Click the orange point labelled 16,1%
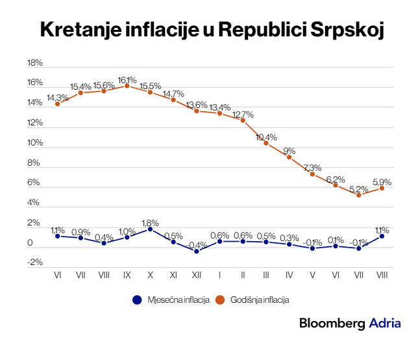[x=127, y=86]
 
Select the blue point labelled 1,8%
[x=150, y=229]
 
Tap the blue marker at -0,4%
[x=197, y=251]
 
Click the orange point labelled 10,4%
[x=266, y=143]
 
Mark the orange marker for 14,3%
[x=57, y=104]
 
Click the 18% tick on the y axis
[x=34, y=63]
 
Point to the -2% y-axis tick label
[x=34, y=263]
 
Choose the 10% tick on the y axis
[x=34, y=143]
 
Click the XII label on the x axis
[x=197, y=276]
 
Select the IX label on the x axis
[x=127, y=276]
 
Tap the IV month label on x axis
[x=289, y=276]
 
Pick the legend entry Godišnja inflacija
[x=258, y=300]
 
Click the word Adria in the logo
[x=385, y=324]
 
